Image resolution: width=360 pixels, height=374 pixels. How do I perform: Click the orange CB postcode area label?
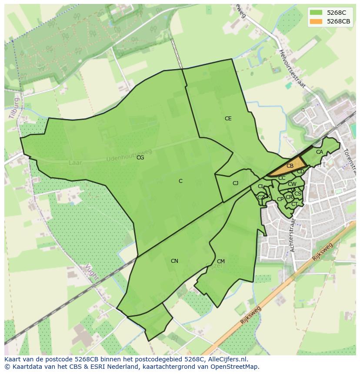point(290,166)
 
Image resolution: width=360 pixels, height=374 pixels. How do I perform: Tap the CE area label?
point(228,119)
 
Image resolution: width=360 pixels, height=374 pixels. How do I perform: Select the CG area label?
point(140,158)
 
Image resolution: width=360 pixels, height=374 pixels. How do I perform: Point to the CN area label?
point(174,261)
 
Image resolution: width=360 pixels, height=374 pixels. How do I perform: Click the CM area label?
point(220,261)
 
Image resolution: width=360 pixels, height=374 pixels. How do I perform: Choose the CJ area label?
point(235,183)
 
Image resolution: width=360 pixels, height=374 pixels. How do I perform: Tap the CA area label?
point(320,152)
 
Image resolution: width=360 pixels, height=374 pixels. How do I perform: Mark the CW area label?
point(292,184)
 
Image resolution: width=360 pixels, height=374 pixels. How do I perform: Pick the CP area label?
point(280,199)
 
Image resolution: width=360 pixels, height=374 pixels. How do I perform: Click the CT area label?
point(294,204)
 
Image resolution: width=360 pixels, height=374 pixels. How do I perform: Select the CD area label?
point(300,172)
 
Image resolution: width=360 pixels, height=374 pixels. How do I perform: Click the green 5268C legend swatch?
point(316,13)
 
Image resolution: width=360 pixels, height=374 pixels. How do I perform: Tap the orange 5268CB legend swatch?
point(316,21)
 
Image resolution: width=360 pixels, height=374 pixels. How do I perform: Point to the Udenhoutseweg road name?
point(129,155)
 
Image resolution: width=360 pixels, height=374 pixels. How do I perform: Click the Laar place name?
point(75,163)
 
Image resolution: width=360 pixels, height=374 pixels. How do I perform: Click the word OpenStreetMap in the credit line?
point(235,367)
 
